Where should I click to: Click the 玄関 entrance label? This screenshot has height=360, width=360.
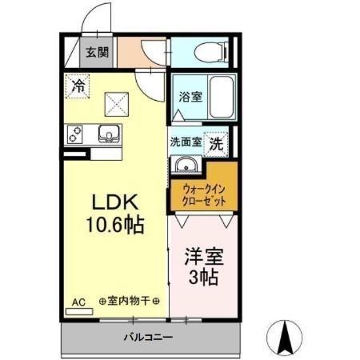point(97,52)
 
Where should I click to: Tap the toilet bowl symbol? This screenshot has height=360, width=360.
point(210,52)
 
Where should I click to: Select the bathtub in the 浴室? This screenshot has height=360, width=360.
point(221,97)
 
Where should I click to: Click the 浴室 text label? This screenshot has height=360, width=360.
point(190,97)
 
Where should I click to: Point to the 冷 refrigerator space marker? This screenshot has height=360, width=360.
point(78,86)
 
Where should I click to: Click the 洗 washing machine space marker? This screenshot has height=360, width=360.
point(216,144)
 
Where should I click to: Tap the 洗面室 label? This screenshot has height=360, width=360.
point(186,142)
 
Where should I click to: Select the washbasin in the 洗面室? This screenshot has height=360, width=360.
point(186,165)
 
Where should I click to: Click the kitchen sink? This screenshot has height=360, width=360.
point(110,134)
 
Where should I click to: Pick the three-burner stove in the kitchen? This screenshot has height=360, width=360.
point(74,134)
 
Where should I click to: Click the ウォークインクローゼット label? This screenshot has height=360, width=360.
point(204,195)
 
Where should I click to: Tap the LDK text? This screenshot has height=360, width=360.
point(115,202)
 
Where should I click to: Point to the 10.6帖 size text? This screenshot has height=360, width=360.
point(115,225)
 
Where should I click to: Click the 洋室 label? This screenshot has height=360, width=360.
point(204,257)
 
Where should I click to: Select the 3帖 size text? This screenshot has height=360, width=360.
point(203,278)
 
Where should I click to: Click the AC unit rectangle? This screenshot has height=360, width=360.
point(79,311)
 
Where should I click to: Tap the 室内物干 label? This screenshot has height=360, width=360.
point(129,302)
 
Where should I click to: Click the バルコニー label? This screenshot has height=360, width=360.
point(148,338)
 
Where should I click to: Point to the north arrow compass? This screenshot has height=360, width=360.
point(285,338)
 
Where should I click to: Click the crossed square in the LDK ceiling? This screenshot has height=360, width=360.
point(117,104)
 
